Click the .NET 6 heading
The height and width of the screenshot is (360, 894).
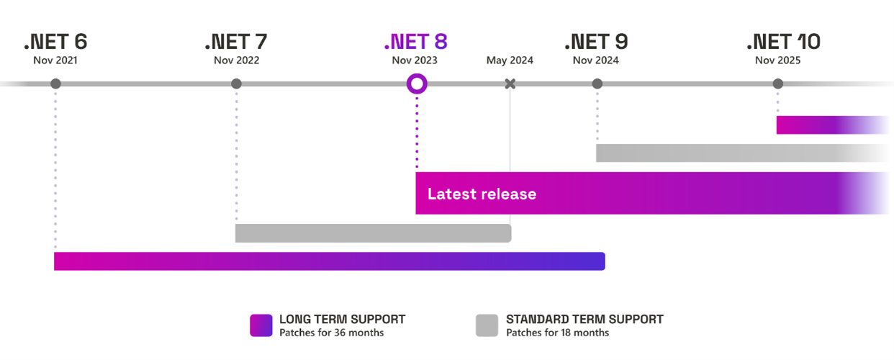point(55,42)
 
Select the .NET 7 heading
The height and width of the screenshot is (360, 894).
point(236,42)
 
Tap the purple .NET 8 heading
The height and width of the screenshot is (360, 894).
point(415,42)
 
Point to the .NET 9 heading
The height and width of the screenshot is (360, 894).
point(596,42)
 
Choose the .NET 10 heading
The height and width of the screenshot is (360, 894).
point(783,42)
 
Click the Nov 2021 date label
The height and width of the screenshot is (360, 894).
point(55,60)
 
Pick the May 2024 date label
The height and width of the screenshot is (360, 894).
point(510,60)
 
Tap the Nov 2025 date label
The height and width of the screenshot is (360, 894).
point(778,60)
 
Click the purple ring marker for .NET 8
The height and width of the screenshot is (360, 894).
point(417,75)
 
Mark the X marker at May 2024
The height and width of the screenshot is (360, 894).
point(510,84)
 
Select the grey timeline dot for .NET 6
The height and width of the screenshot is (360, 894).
point(55,84)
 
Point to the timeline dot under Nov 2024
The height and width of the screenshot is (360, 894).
point(597,84)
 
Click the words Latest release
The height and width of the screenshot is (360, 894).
point(482,194)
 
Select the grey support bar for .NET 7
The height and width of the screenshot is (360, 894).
point(373,233)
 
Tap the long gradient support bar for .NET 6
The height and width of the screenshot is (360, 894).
point(330,261)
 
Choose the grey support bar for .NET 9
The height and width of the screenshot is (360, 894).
point(742,153)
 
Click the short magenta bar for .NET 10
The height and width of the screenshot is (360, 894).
point(833,125)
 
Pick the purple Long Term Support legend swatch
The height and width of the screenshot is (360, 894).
point(261,325)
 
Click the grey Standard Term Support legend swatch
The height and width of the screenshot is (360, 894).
point(487,325)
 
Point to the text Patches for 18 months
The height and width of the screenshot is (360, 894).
point(558,333)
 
